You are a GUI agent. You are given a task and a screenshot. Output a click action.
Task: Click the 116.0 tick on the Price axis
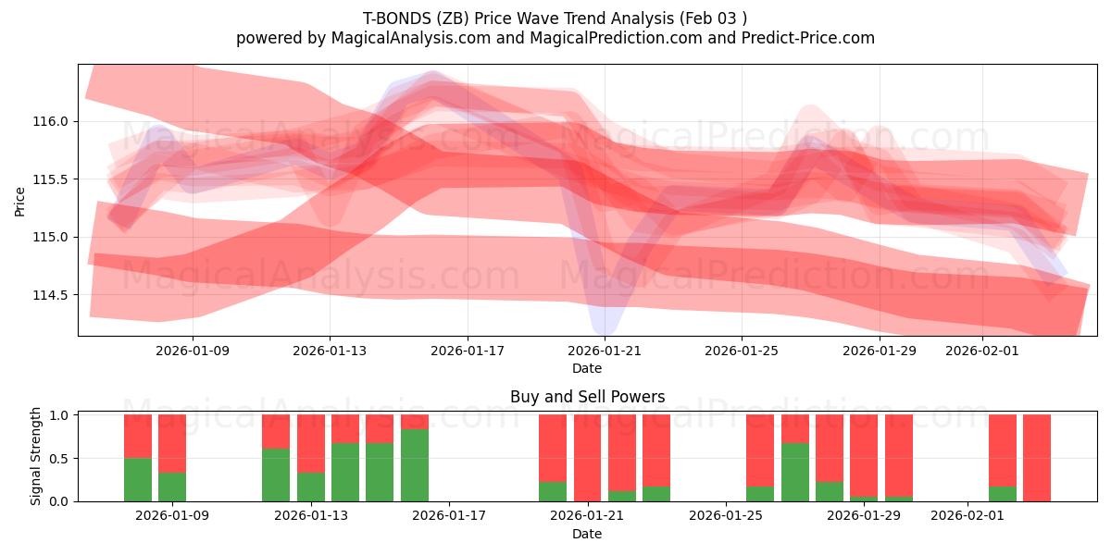(53, 121)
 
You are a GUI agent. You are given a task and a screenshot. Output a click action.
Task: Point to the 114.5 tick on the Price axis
(53, 295)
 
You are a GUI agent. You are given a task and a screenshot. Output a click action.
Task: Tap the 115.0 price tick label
(53, 237)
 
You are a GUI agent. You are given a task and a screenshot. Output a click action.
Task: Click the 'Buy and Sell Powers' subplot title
(587, 397)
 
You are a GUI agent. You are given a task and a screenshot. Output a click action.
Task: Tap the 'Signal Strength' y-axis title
(37, 457)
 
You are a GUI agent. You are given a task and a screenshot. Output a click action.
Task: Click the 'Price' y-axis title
(20, 201)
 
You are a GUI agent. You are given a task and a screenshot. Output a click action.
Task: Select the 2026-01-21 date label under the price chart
(604, 351)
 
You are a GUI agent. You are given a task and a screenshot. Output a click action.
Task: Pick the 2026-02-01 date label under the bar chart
(967, 516)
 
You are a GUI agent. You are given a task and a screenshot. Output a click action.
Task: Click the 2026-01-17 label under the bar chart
(448, 516)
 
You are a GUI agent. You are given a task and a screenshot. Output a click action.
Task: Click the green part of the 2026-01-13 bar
(310, 487)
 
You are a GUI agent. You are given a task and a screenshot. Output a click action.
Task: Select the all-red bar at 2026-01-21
(587, 458)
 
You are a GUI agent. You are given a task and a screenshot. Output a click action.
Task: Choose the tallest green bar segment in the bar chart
(414, 465)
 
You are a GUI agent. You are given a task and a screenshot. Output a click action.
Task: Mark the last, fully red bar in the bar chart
(1036, 458)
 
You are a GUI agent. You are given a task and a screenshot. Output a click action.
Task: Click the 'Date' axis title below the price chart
(587, 368)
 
